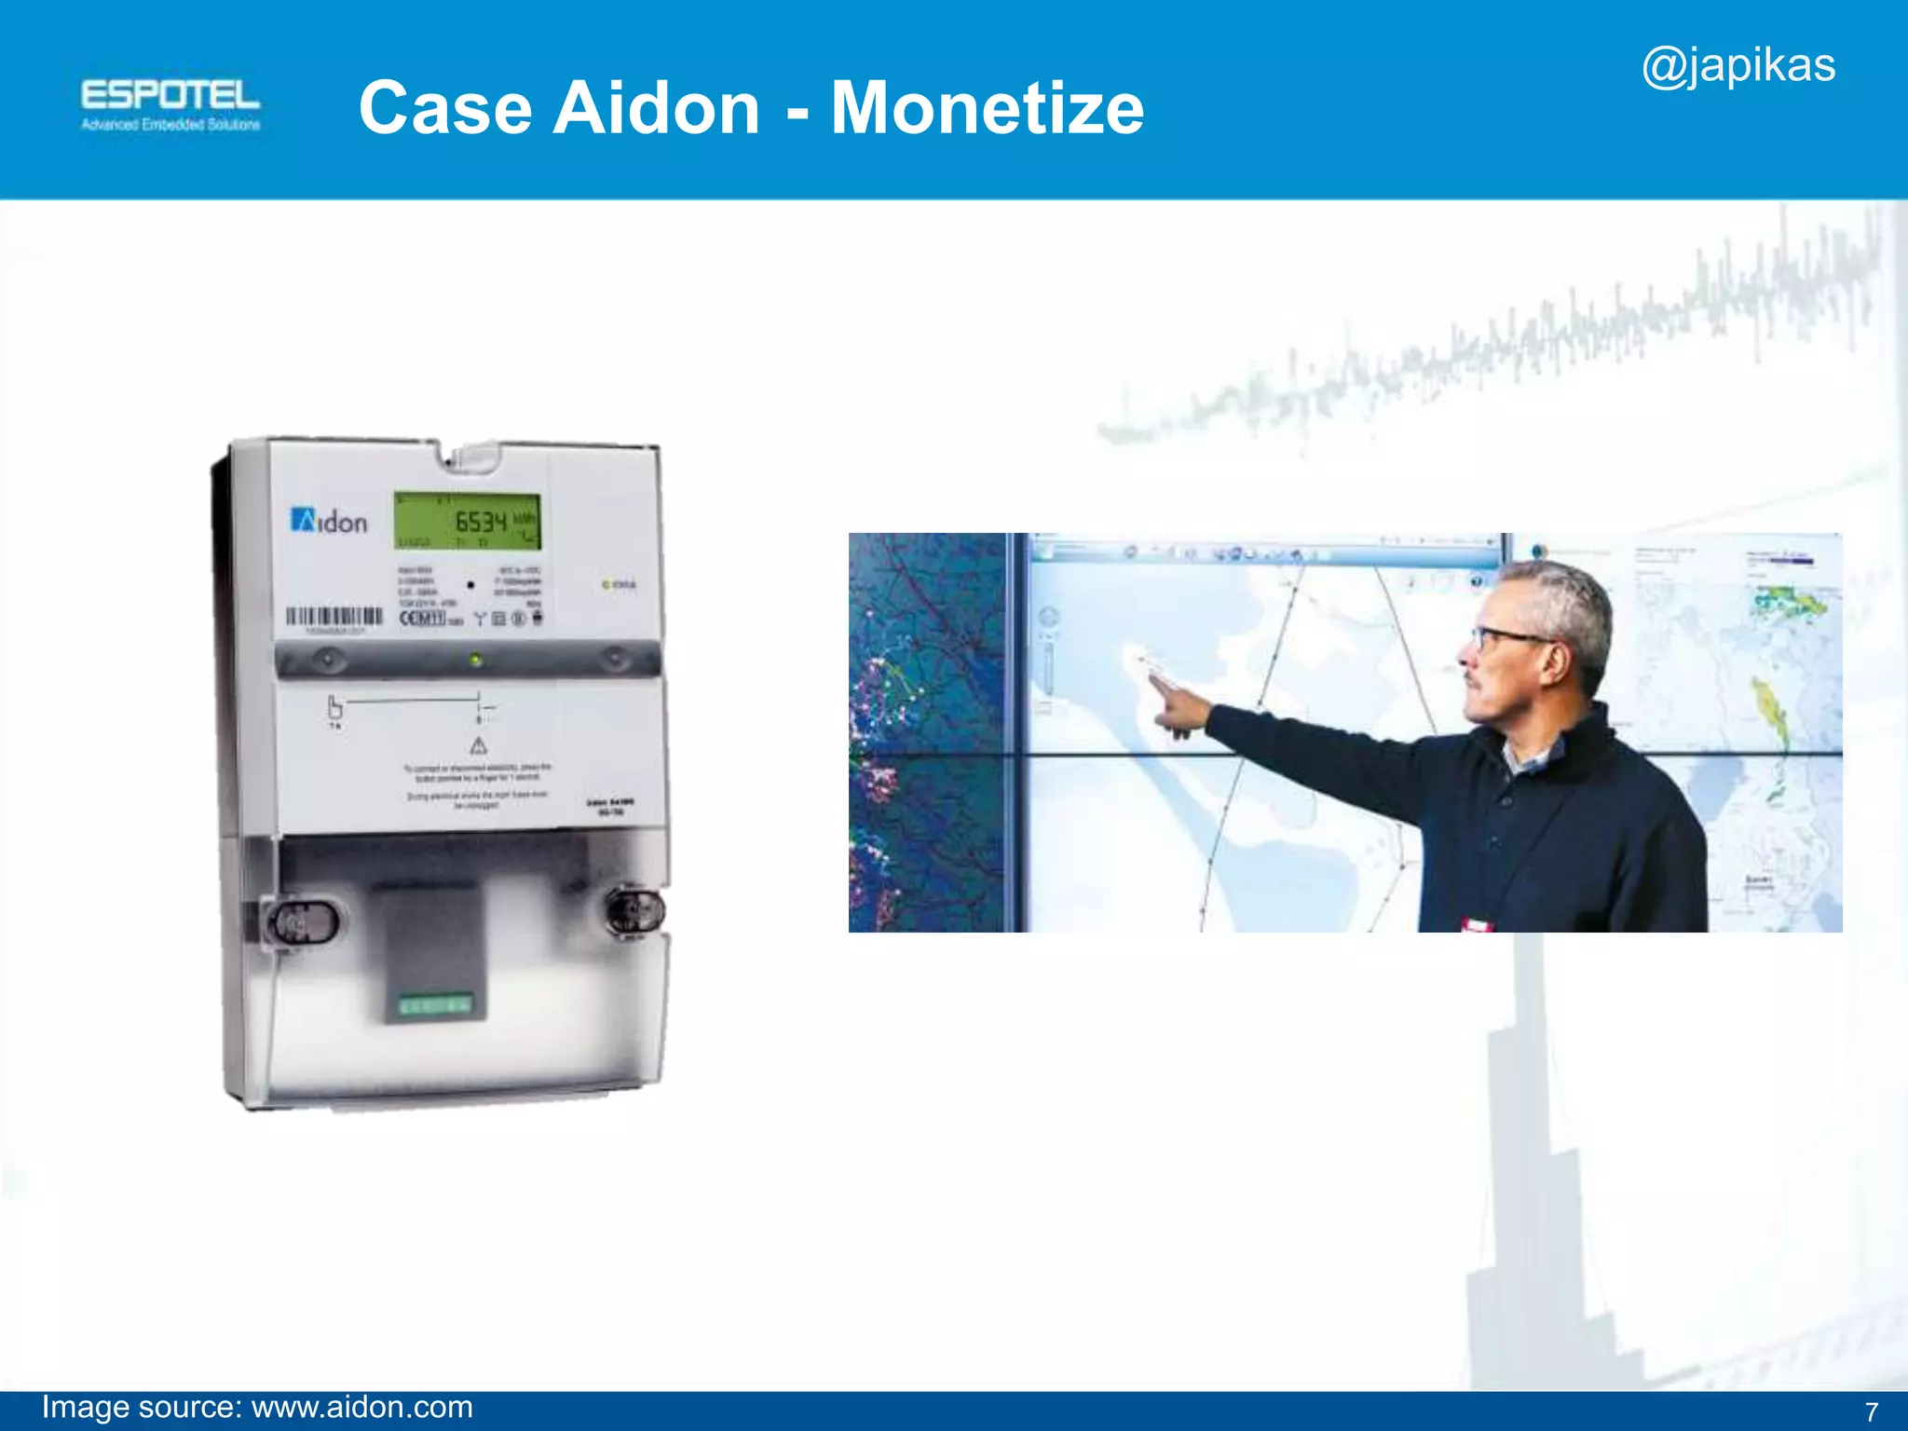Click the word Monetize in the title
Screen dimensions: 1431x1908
tap(987, 108)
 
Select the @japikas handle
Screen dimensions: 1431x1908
tap(1738, 66)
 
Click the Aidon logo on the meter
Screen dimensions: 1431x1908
tap(329, 521)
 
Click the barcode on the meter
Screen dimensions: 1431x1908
tap(334, 616)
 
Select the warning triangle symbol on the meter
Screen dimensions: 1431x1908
tap(478, 745)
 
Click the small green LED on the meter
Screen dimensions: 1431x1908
tap(476, 661)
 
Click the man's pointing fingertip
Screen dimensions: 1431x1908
tap(1153, 678)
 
